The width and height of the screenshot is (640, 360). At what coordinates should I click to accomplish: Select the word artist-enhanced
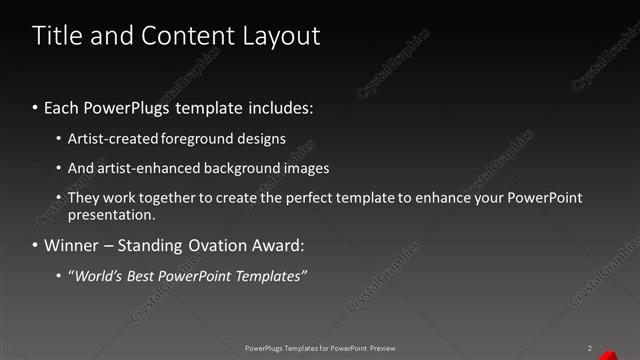click(146, 169)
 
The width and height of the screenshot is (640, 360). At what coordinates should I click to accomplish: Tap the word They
click(83, 198)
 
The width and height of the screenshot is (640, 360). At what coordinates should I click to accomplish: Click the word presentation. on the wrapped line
click(112, 214)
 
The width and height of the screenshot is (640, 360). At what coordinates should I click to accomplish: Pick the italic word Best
click(145, 275)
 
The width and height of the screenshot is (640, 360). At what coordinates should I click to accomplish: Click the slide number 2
click(591, 348)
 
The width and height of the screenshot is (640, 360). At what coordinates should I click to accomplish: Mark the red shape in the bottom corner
click(632, 352)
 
